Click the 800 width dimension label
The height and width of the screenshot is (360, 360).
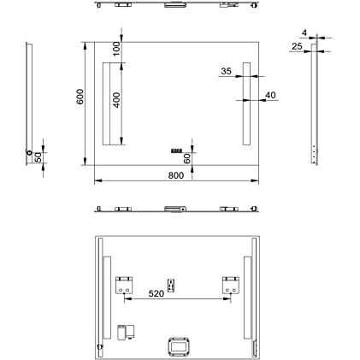click(x=176, y=175)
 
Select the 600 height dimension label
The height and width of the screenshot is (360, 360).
click(x=80, y=97)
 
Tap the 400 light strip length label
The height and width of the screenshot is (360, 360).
click(x=117, y=100)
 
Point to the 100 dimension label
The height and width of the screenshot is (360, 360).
click(x=117, y=48)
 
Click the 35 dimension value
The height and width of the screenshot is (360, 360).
click(x=227, y=71)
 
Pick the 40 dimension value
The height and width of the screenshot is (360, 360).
click(x=270, y=95)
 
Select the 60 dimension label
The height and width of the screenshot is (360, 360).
click(x=187, y=158)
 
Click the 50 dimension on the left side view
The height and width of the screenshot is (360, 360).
click(x=38, y=157)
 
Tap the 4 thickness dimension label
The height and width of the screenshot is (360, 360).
click(x=304, y=33)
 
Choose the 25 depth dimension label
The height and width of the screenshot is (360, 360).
click(x=297, y=46)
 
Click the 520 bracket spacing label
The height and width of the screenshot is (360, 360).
click(x=156, y=293)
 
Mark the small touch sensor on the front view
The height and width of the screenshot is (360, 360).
click(x=176, y=150)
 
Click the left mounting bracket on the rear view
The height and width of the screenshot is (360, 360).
click(x=124, y=285)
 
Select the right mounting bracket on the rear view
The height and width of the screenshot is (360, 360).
click(x=231, y=285)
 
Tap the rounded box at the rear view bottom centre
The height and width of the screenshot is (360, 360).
click(x=179, y=347)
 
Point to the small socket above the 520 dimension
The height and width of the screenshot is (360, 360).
click(x=171, y=286)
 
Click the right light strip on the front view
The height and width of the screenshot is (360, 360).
click(x=246, y=103)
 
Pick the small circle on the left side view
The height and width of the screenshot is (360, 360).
click(x=29, y=152)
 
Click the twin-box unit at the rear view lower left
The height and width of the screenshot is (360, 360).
click(x=126, y=333)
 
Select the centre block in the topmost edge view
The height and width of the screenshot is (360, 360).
click(x=175, y=5)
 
